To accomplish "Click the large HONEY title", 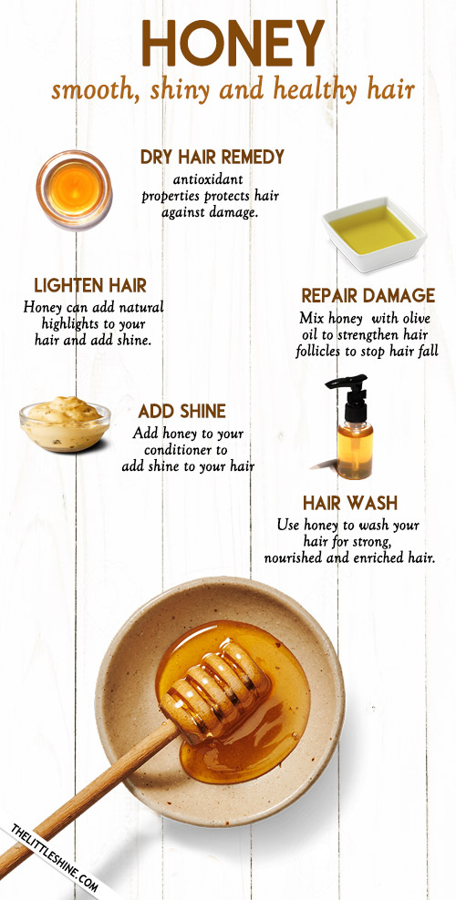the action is (233, 44).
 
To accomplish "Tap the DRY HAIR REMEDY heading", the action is (212, 157).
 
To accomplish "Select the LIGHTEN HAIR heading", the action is (90, 285).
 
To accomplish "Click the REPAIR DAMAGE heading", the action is (368, 296).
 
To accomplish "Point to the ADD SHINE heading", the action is (182, 411).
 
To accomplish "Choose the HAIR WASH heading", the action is (350, 504).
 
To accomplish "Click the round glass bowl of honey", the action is (74, 189).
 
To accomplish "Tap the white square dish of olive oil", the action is (374, 232).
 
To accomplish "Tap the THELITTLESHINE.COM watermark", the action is (55, 859).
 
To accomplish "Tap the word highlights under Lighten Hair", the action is (69, 324).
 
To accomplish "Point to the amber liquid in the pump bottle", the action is (355, 452).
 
